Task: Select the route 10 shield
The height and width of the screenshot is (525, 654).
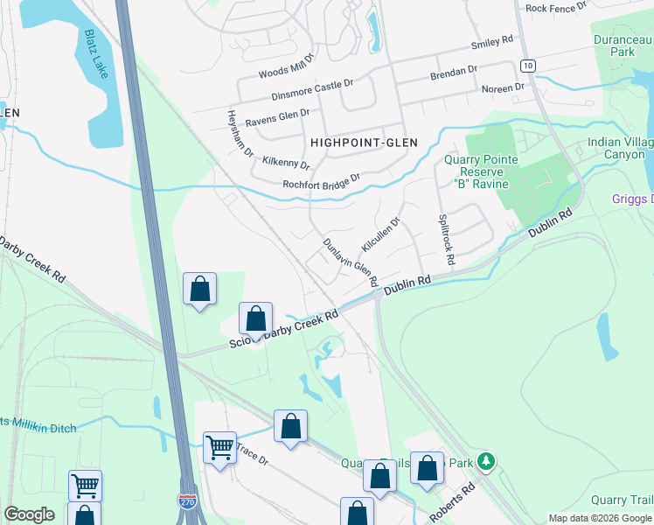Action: (527, 66)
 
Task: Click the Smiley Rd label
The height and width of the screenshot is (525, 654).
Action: (491, 42)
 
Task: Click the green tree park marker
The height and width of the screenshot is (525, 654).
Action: (487, 460)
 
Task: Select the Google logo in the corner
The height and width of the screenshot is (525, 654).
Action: (29, 514)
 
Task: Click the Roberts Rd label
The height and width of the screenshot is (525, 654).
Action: (452, 501)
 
